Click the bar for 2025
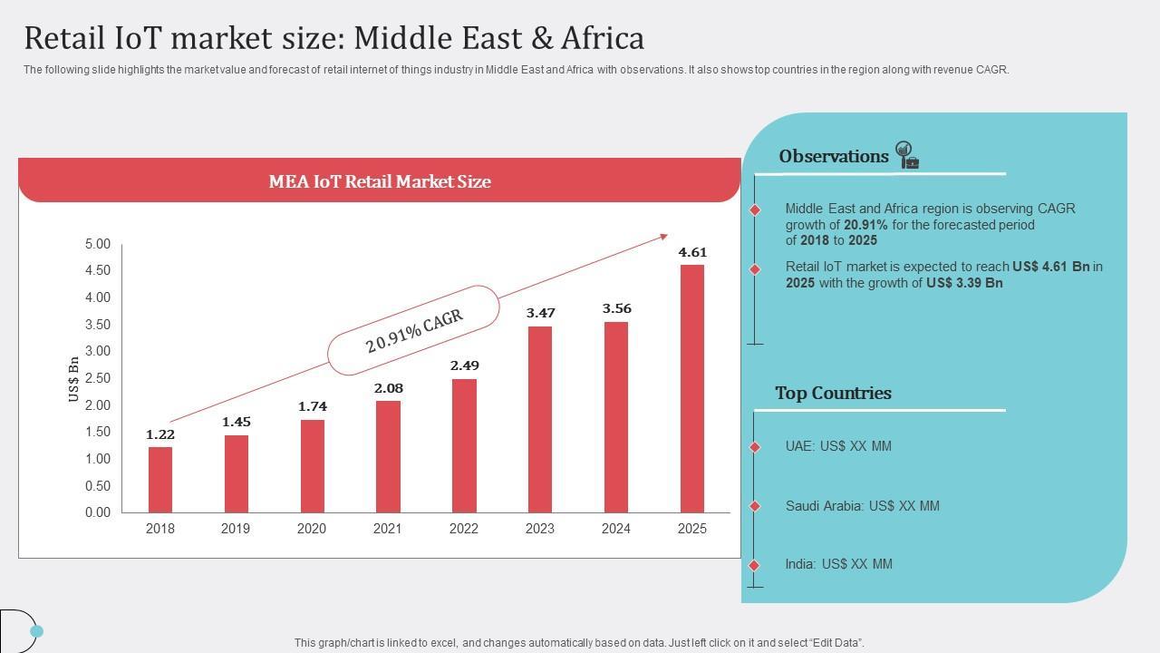[x=691, y=388]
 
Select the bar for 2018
[x=160, y=480]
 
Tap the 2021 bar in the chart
[x=388, y=456]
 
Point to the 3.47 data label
[x=540, y=313]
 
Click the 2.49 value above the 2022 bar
[x=464, y=365]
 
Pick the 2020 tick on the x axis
[x=312, y=529]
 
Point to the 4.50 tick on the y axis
[x=97, y=270]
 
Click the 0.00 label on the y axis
[x=97, y=512]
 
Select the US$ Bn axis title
[x=73, y=379]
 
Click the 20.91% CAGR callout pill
[x=413, y=330]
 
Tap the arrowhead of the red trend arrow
[x=663, y=237]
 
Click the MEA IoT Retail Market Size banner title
[x=380, y=181]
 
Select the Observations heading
[x=833, y=156]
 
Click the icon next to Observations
[x=906, y=155]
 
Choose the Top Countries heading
[x=833, y=393]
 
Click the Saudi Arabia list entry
[x=862, y=506]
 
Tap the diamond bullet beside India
[x=755, y=565]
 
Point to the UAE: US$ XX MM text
[x=838, y=446]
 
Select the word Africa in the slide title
[x=603, y=38]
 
